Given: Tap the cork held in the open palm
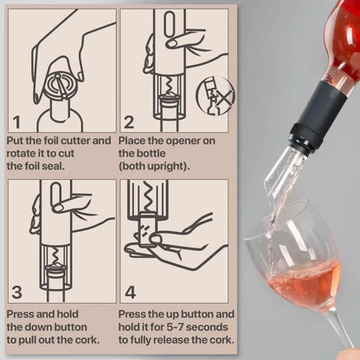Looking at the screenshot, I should [x=148, y=237].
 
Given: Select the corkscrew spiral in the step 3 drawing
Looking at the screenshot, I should [x=57, y=251].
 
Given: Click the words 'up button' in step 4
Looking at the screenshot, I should [x=207, y=313].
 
